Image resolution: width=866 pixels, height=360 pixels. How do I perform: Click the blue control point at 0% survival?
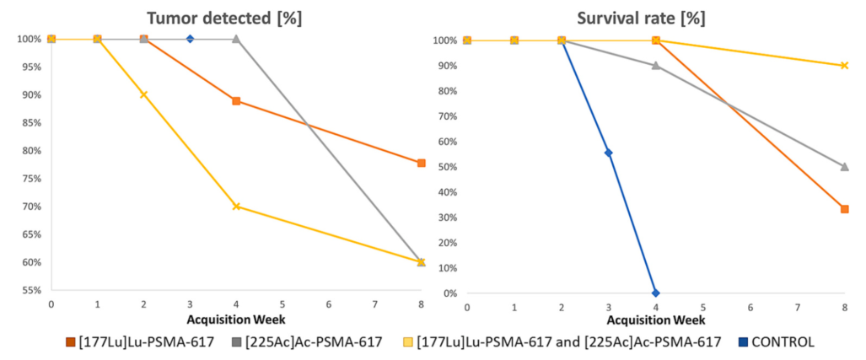(655, 293)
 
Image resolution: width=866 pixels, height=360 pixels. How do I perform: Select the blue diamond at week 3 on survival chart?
(608, 153)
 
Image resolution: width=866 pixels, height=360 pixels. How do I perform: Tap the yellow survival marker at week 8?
(844, 65)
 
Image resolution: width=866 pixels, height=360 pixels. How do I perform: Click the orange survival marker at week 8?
(844, 209)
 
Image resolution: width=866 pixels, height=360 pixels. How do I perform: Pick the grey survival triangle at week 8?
(844, 167)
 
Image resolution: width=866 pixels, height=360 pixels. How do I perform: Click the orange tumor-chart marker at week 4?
(236, 101)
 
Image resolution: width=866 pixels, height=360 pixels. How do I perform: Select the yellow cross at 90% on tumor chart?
(143, 94)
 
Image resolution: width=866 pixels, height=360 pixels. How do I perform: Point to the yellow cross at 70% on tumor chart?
(236, 206)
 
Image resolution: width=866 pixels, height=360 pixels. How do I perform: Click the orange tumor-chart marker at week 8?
(421, 163)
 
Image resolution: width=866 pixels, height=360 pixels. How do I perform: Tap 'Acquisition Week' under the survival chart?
(655, 320)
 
